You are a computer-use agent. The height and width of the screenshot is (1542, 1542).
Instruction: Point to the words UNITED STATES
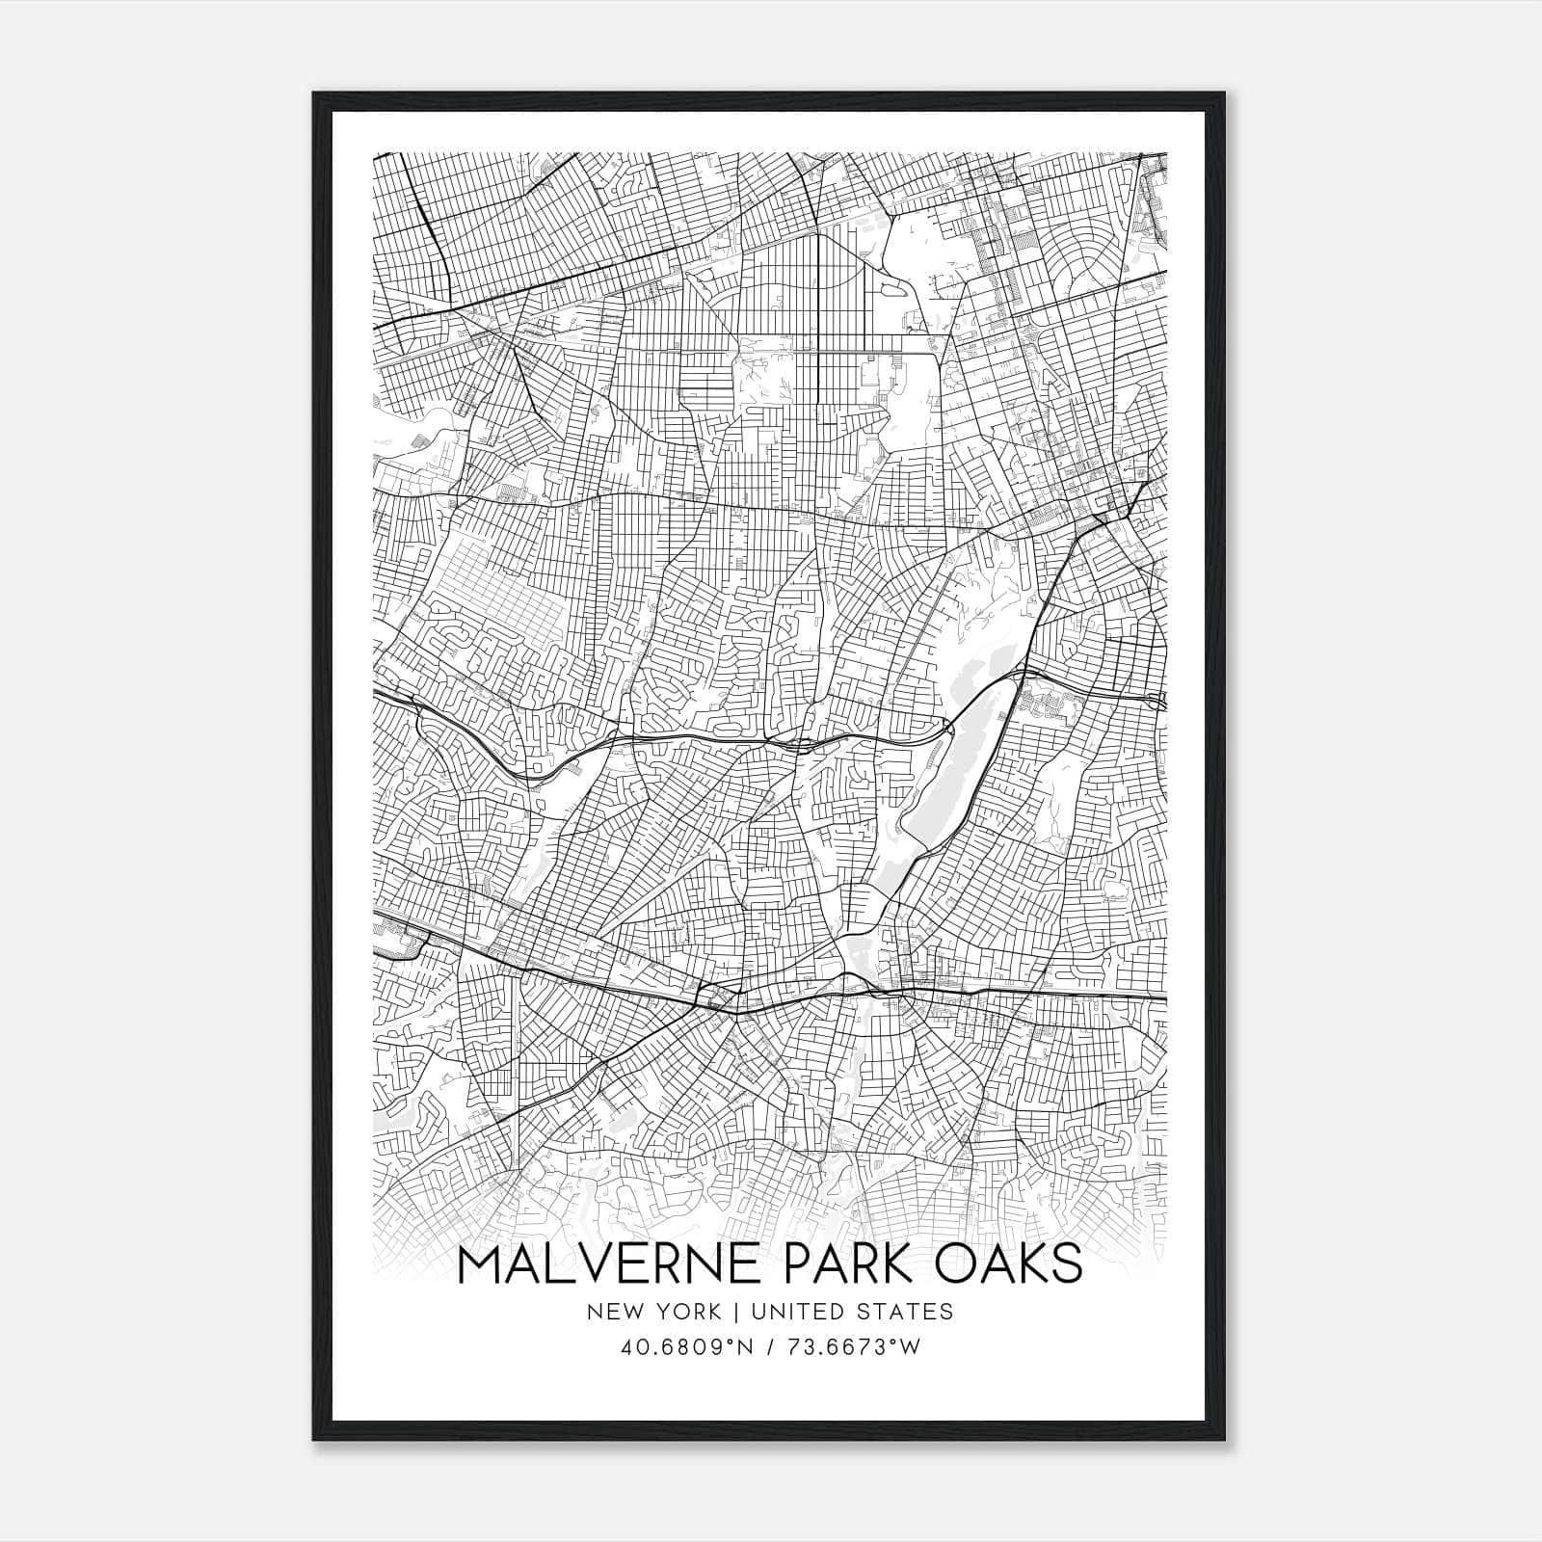click(852, 1312)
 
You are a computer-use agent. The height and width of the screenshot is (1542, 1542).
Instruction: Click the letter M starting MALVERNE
click(481, 1264)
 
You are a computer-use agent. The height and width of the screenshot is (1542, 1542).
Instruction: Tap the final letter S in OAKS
click(1066, 1264)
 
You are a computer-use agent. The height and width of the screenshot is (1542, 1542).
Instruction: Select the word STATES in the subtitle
click(907, 1312)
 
